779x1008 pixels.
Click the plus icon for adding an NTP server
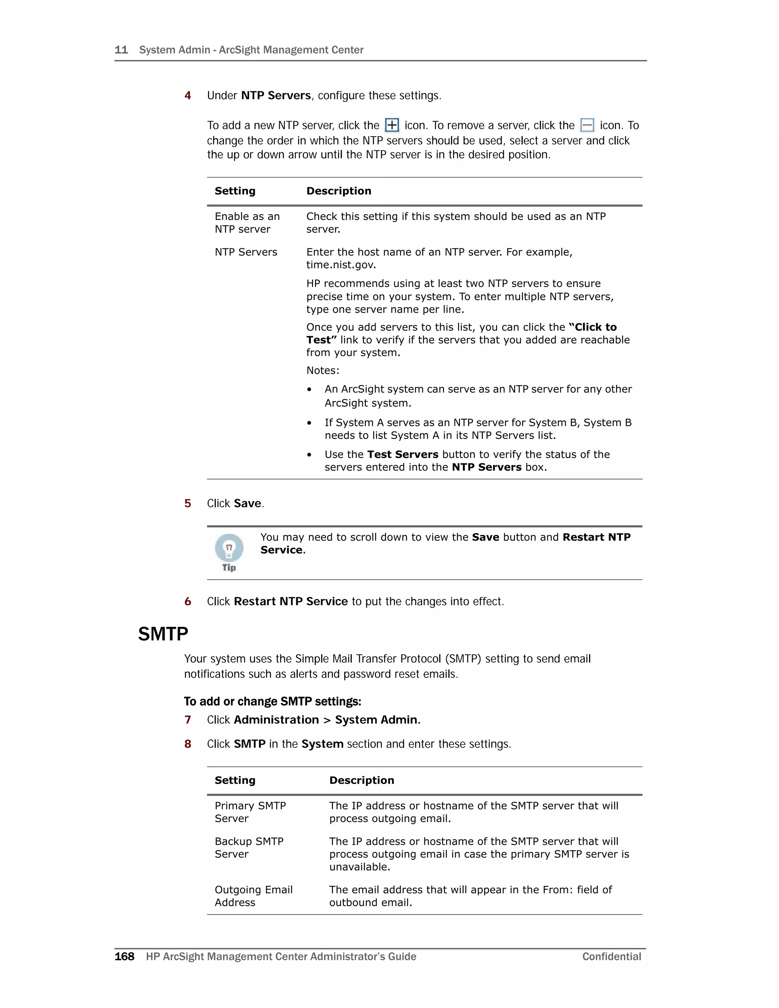392,125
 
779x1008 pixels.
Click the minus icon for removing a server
587,125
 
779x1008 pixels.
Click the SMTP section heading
163,634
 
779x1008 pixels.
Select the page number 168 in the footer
124,956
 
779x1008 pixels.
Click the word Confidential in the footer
612,956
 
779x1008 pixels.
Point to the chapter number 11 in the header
121,50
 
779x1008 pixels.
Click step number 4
188,95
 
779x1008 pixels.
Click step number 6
188,601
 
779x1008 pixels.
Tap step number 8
188,744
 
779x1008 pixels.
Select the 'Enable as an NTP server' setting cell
247,223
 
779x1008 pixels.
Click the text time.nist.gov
340,265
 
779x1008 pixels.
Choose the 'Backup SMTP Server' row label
249,847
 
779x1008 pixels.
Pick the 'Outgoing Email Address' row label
253,896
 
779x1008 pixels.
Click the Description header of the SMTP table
361,780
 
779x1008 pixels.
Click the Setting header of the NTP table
235,191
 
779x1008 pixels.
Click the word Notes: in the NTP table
323,370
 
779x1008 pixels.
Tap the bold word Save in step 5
247,503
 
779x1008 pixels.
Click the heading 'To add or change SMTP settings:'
272,701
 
